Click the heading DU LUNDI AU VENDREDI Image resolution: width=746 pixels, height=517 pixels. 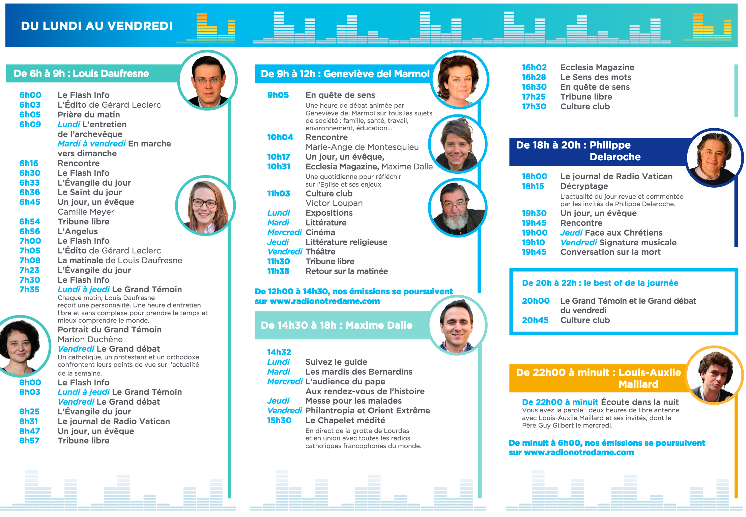97,26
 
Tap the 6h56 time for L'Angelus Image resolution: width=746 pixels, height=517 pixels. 30,232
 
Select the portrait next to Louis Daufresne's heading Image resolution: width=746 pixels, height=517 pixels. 208,80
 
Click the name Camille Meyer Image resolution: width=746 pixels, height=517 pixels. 86,212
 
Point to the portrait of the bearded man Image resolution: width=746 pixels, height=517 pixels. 458,208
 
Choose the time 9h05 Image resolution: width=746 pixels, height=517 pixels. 278,95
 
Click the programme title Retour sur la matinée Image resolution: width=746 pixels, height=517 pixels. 347,271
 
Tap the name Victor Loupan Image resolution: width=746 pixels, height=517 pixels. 334,203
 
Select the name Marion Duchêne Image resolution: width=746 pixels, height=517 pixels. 90,339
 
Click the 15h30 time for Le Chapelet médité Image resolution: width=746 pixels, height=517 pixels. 279,420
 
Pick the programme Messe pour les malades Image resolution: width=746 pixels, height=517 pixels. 354,401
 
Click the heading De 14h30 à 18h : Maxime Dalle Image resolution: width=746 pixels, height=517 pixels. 337,325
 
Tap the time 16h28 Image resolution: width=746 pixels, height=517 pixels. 534,77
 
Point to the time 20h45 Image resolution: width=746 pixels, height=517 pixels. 535,320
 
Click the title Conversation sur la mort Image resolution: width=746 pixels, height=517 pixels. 610,252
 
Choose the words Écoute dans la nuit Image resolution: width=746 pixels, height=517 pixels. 640,402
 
